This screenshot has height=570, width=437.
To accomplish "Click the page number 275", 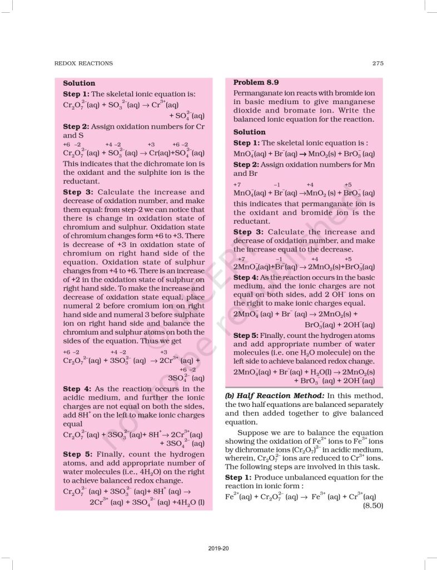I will coord(378,63).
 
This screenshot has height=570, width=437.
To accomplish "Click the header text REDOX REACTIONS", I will coord(83,63).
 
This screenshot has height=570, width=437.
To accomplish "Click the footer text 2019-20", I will coord(219,549).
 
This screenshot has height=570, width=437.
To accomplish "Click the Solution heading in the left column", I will coord(79,83).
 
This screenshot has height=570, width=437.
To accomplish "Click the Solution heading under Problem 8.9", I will coord(249,132).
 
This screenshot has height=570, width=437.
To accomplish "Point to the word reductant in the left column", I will coord(81,181).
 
